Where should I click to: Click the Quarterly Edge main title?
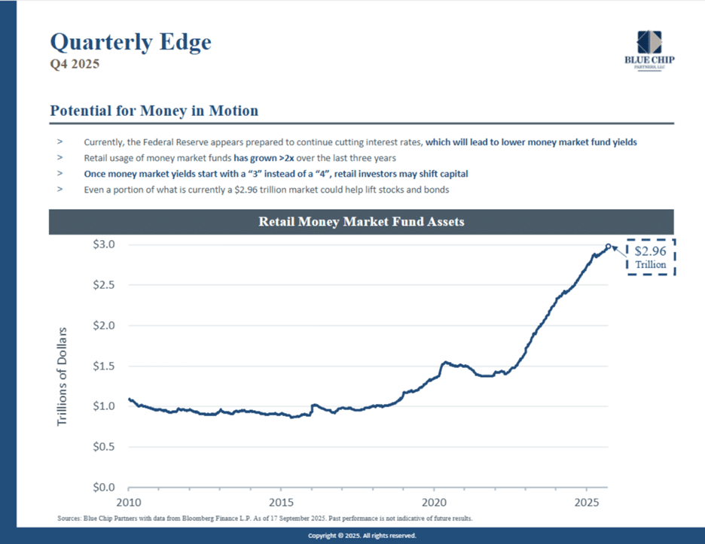(130, 41)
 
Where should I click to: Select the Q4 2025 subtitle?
(75, 65)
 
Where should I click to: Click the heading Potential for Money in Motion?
(154, 111)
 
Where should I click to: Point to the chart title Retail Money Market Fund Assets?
(362, 222)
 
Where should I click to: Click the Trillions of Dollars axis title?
(63, 376)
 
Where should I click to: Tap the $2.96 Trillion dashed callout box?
(651, 257)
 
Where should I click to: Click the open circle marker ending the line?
(609, 246)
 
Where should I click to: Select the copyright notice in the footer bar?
(362, 536)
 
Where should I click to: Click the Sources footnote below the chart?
(264, 518)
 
